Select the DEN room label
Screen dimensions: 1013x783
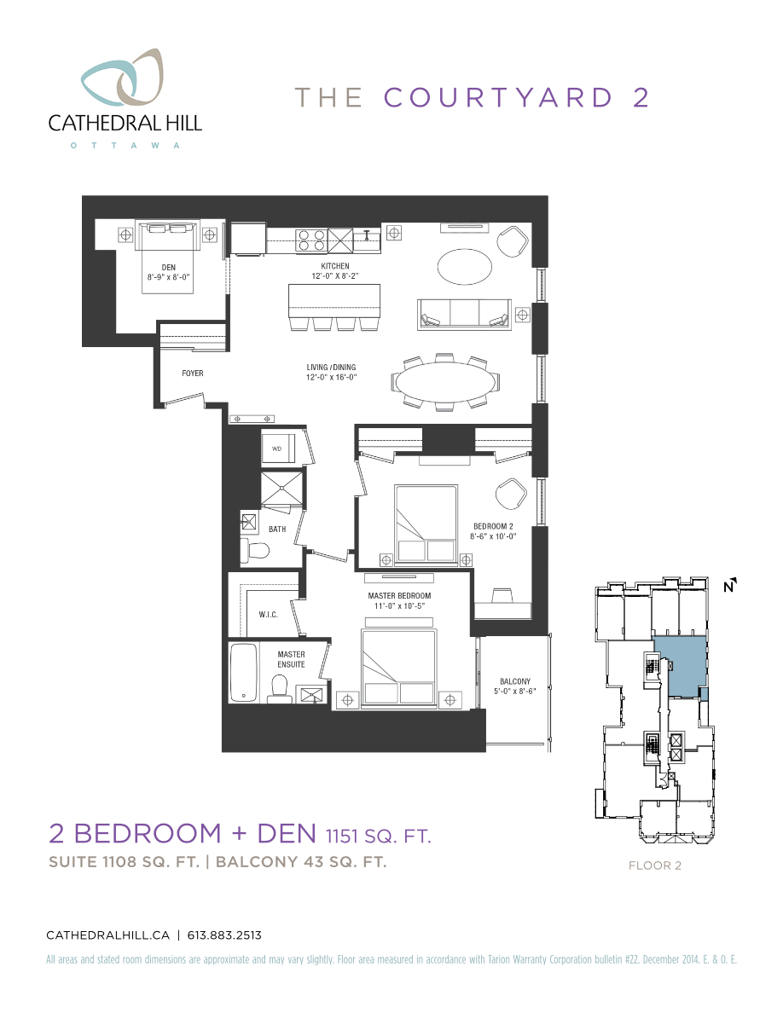click(x=168, y=267)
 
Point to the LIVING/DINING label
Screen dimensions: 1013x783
click(x=331, y=368)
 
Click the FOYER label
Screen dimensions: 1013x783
click(x=192, y=373)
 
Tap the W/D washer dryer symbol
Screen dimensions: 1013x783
click(x=278, y=449)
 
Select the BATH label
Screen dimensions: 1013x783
click(x=277, y=530)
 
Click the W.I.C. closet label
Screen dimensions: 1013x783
click(x=269, y=614)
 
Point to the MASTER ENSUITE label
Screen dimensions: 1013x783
click(x=291, y=659)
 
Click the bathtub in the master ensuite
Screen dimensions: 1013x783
click(x=244, y=673)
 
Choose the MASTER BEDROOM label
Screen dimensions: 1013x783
click(x=399, y=595)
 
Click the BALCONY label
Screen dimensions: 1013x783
click(x=515, y=681)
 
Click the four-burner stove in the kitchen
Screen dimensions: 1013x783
click(x=310, y=240)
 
